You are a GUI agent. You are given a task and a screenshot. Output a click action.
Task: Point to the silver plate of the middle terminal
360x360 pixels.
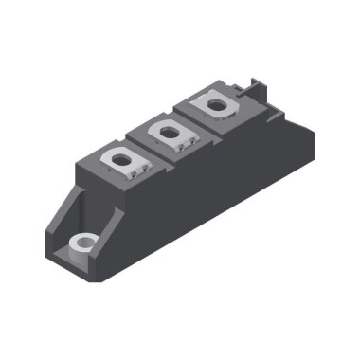[x=171, y=134]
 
